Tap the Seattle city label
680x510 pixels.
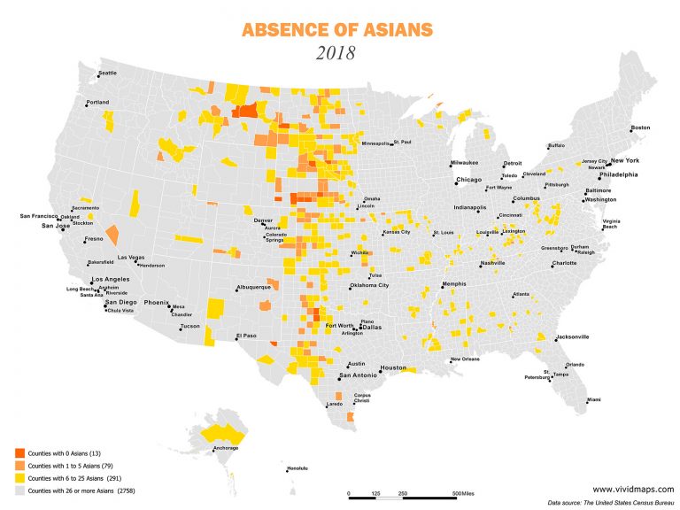click(107, 73)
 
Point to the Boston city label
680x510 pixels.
click(640, 127)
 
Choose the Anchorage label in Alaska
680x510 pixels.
click(226, 448)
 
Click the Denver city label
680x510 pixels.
click(263, 220)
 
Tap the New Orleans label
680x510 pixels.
click(465, 359)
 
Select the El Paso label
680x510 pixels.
click(245, 336)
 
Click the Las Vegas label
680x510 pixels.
click(130, 257)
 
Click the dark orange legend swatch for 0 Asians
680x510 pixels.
click(20, 452)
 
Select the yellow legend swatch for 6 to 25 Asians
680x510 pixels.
click(20, 477)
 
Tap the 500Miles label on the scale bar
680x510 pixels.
click(463, 492)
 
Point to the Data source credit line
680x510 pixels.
click(610, 502)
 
